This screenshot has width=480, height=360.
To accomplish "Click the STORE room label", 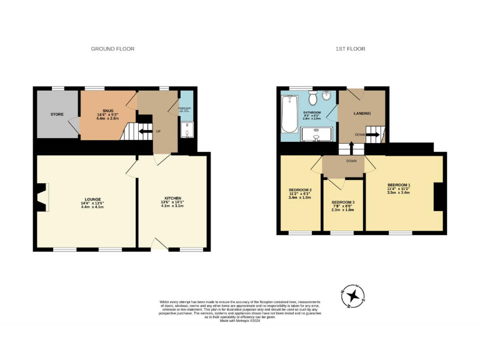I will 57,114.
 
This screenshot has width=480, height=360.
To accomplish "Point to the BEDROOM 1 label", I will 399,185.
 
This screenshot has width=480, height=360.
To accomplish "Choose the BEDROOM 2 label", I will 300,189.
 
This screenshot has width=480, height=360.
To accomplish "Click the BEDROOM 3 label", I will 342,202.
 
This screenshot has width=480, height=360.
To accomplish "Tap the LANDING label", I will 362,114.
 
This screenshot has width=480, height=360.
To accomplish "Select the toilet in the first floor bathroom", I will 312,98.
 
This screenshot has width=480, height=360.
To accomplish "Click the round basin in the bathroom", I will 329,98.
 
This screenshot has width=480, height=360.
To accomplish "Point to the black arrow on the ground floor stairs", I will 146,131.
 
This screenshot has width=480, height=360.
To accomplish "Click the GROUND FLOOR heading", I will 112,49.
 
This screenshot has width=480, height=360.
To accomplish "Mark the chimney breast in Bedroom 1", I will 439,199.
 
